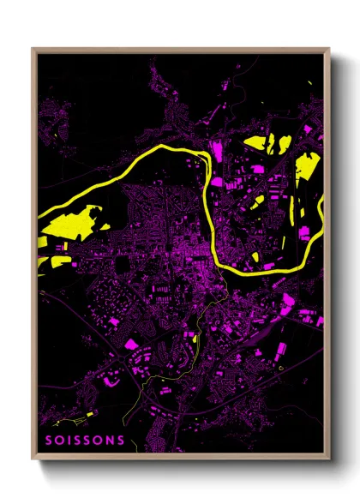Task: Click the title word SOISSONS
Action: coord(84,441)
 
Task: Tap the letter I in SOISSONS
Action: coord(69,441)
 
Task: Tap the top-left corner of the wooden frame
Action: coord(33,50)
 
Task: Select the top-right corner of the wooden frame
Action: coord(328,50)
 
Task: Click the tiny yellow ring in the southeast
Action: coord(282,368)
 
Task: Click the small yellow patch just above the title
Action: coord(64,419)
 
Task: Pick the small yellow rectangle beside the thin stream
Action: coord(196,338)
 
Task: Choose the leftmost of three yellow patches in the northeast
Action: coord(255,143)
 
